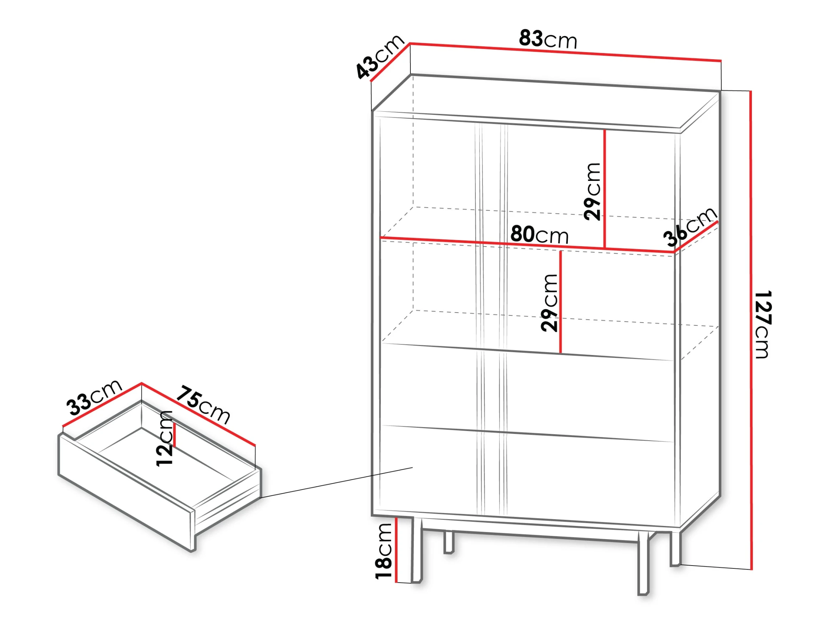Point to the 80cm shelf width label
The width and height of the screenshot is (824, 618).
(x=539, y=234)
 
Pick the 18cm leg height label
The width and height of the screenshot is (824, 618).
(x=384, y=551)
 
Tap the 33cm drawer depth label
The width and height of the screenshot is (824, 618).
(x=94, y=397)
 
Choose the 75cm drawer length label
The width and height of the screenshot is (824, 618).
(x=203, y=405)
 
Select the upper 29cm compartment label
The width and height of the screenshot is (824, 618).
(x=592, y=192)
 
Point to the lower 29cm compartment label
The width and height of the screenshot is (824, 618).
(x=549, y=303)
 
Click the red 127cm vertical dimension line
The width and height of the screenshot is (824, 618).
(x=751, y=330)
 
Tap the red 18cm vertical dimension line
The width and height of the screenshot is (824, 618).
(x=396, y=550)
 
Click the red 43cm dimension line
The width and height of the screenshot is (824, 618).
(x=390, y=62)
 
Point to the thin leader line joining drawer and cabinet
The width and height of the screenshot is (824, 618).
(x=336, y=482)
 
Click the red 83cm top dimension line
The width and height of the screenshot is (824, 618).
(x=566, y=52)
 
